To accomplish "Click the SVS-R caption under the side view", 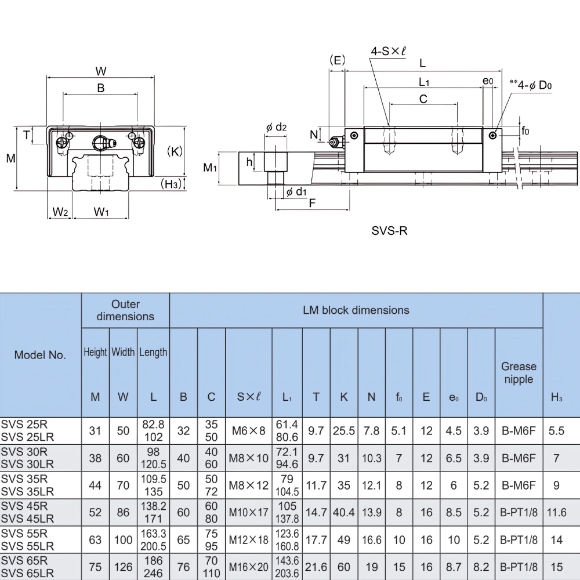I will [x=390, y=231].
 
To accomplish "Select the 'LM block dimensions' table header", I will [x=356, y=310].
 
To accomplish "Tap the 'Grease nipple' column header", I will [x=519, y=372].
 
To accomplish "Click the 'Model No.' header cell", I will [x=40, y=355].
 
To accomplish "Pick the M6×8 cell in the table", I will [x=249, y=430].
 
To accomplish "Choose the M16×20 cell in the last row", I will [x=249, y=567].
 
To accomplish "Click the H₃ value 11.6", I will [x=556, y=512].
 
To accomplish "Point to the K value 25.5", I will [x=344, y=430].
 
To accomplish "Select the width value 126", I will [x=123, y=567].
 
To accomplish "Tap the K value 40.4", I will [x=344, y=512].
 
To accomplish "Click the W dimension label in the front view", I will [x=101, y=71].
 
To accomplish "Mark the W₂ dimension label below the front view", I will [x=60, y=212].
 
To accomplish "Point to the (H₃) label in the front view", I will [x=171, y=184].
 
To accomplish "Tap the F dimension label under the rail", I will [x=312, y=203].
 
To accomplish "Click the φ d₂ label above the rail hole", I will [x=276, y=128].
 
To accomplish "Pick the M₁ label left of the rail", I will [x=210, y=168].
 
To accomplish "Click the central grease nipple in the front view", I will [x=101, y=143].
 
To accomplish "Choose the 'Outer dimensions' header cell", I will [x=125, y=310].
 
